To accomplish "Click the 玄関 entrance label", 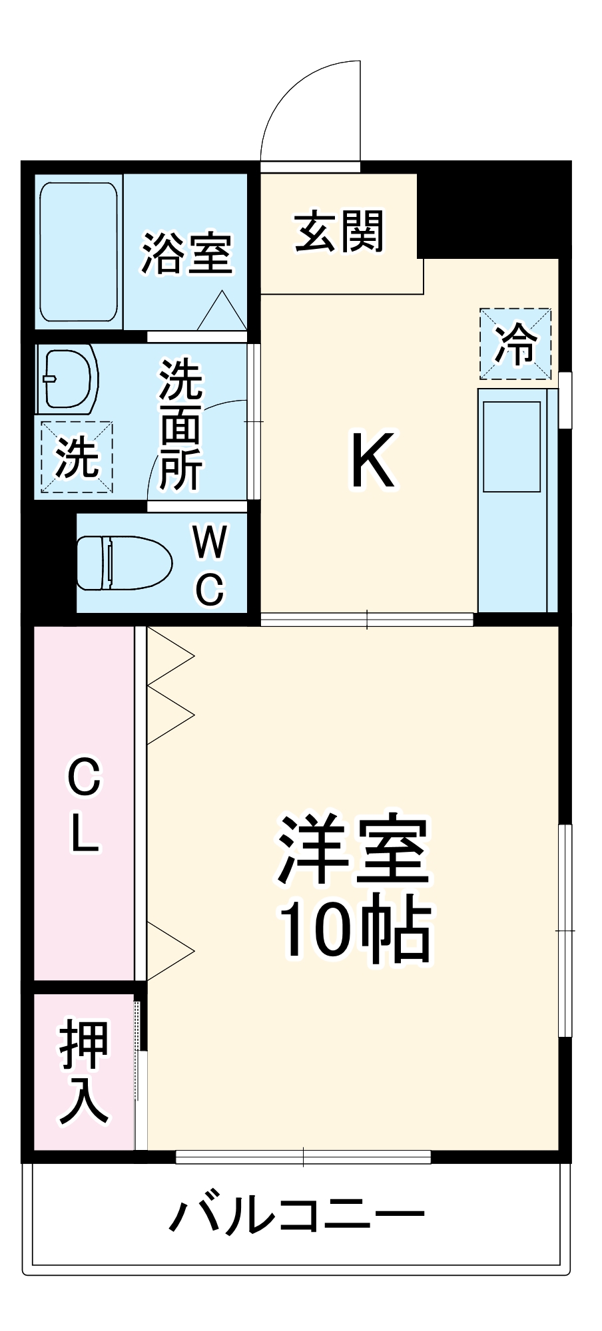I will (339, 232).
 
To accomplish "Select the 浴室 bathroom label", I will (186, 254).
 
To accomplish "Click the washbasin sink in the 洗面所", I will (67, 377).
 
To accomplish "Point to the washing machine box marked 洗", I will (77, 457).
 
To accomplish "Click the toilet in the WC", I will (123, 563).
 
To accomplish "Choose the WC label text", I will (210, 565).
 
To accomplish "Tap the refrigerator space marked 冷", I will (515, 343).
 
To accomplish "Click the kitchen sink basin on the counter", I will (511, 446).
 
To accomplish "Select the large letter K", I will (373, 459).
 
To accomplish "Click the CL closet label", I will (84, 805).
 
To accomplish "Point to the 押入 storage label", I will (84, 1072).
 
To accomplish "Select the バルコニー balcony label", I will (297, 1215).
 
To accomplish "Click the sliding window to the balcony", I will (303, 1157).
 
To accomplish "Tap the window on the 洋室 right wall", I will (565, 930).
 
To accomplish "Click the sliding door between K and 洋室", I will (366, 620).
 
